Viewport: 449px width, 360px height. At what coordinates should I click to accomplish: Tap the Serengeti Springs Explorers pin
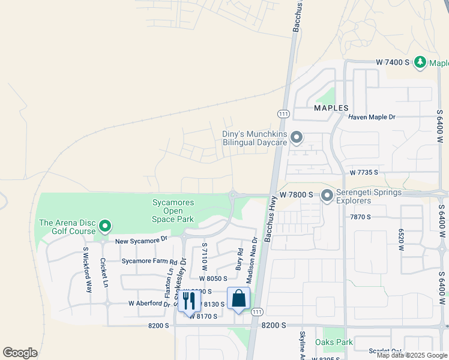[327, 196]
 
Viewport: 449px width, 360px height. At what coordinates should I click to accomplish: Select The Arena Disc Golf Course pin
[105, 226]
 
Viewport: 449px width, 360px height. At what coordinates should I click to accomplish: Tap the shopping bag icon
[238, 299]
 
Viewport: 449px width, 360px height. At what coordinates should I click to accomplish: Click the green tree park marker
[421, 62]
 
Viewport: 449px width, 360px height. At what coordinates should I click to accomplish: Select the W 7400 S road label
[394, 62]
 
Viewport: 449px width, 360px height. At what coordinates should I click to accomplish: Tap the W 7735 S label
[364, 172]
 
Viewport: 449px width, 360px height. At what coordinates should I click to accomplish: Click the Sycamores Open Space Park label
[173, 211]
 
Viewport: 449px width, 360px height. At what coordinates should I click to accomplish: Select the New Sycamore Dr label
[141, 240]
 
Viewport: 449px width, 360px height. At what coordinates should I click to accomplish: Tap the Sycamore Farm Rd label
[149, 262]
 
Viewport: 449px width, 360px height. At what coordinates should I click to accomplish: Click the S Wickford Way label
[88, 269]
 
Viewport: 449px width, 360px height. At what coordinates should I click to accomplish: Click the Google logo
[20, 353]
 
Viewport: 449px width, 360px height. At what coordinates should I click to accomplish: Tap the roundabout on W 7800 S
[232, 194]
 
